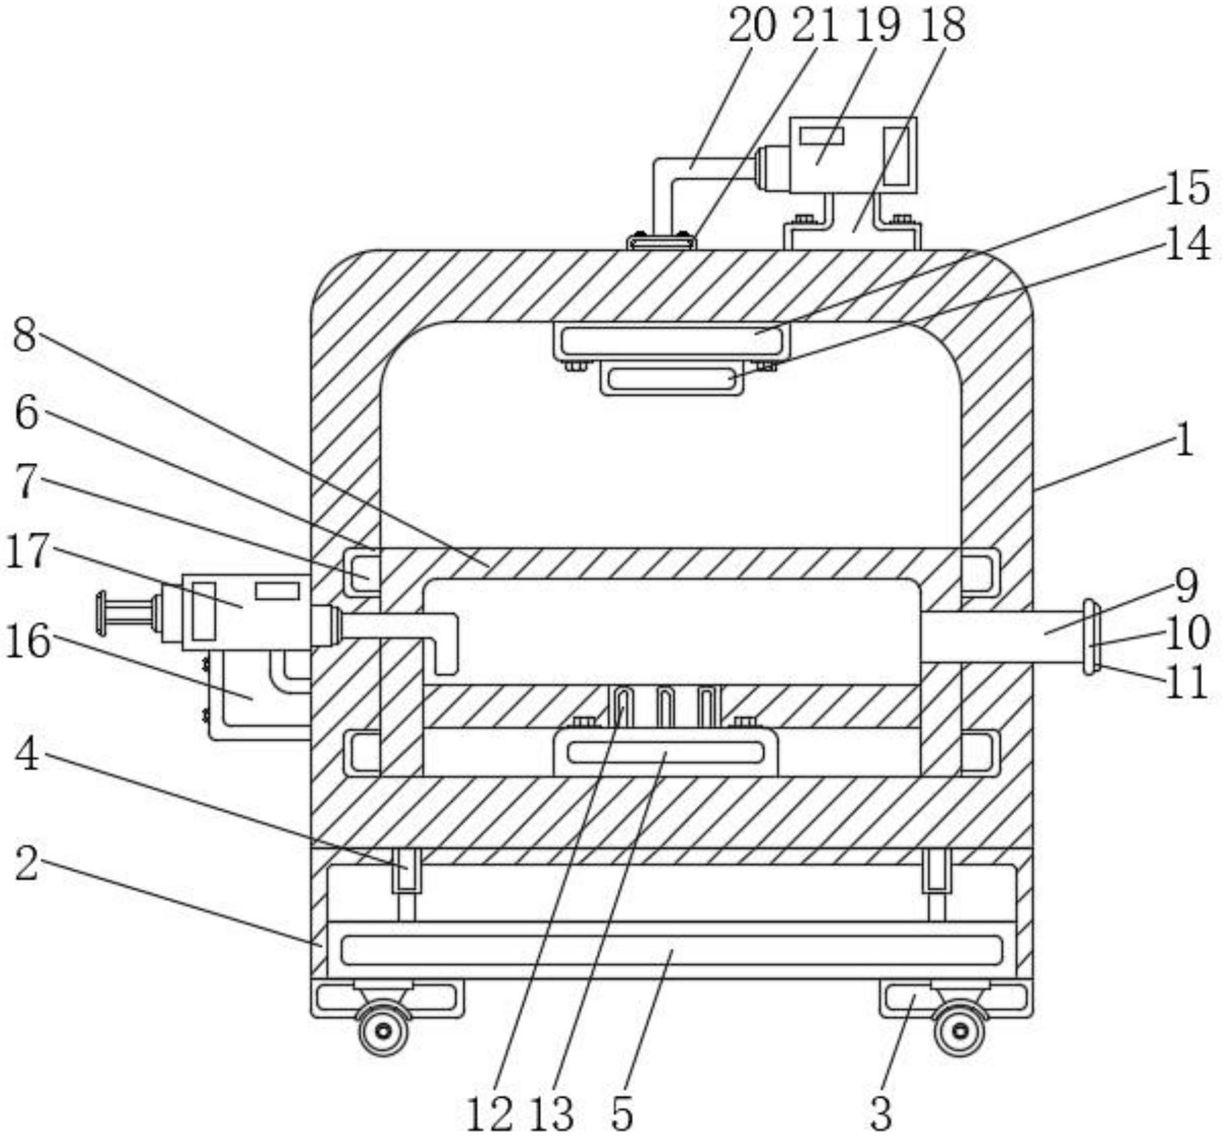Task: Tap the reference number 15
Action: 1187,188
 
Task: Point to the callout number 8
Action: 25,334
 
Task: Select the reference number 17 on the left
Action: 27,550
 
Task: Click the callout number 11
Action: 1187,682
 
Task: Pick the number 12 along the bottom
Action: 489,1114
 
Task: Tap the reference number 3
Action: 881,1114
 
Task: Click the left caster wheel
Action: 383,1030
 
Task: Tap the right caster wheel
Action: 961,1030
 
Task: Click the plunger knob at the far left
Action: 102,613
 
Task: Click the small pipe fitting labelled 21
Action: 661,241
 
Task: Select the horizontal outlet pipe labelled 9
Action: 1004,637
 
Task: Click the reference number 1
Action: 1184,441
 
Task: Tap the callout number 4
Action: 27,755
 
